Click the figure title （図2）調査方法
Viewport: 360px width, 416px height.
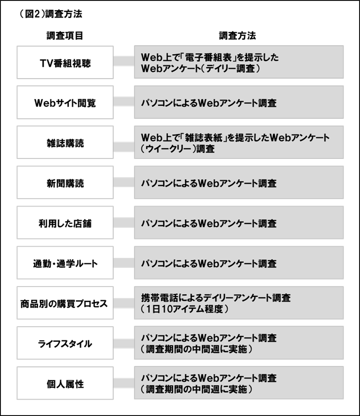(50, 14)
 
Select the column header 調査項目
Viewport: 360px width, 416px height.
(65, 36)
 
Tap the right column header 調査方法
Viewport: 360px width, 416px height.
(238, 36)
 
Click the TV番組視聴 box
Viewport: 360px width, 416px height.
(65, 62)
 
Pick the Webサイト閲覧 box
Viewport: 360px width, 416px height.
(65, 102)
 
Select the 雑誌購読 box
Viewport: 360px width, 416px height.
(65, 143)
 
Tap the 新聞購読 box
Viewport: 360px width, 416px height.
(65, 183)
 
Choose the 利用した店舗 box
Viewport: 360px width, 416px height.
(65, 222)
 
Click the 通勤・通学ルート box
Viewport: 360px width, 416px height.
(65, 263)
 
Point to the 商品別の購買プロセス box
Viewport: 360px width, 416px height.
(65, 303)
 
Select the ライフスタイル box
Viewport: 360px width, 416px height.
(65, 343)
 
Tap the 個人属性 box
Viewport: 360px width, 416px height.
(65, 383)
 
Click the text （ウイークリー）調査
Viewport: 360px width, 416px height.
(178, 149)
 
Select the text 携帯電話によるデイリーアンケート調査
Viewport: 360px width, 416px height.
(216, 298)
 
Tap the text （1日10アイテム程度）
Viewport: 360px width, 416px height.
(184, 309)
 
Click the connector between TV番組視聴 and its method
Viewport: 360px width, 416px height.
(124, 61)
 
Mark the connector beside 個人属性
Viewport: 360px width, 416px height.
(124, 383)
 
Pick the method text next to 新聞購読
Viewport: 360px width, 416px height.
(209, 183)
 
